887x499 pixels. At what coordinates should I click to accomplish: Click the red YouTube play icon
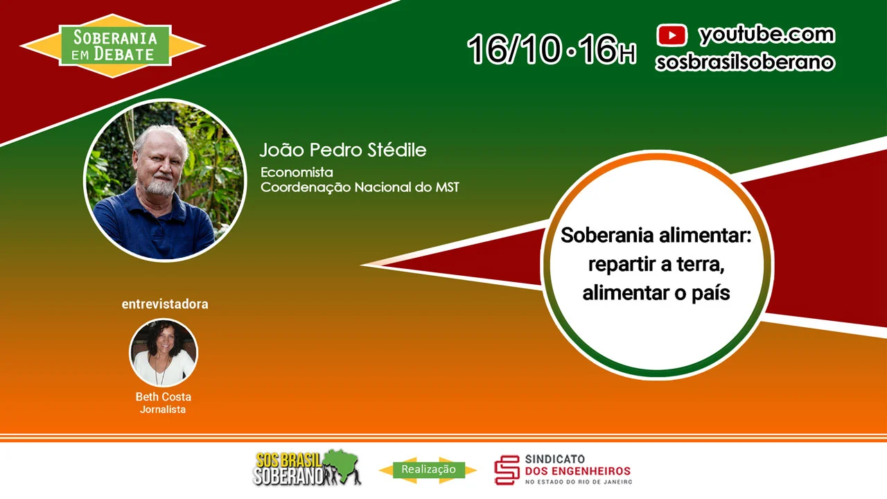click(x=671, y=35)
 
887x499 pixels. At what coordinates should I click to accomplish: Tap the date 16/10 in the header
click(x=514, y=49)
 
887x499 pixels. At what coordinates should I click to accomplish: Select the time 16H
click(x=606, y=49)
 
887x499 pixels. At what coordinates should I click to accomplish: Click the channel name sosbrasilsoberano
click(x=745, y=62)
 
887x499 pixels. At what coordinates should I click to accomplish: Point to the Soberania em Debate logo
click(x=112, y=46)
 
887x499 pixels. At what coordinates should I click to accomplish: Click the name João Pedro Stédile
click(x=343, y=150)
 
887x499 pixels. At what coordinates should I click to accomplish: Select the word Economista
click(x=297, y=173)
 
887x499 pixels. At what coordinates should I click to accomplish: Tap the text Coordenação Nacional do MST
click(x=360, y=187)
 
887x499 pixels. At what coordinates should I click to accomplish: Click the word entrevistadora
click(x=165, y=304)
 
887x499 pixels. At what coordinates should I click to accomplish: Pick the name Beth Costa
click(x=163, y=396)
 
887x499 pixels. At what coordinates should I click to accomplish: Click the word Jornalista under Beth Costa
click(x=163, y=410)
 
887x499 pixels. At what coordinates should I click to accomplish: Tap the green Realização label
click(x=428, y=470)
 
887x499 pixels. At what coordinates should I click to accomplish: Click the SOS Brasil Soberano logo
click(x=307, y=468)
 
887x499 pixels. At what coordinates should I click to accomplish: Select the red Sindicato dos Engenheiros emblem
click(x=507, y=470)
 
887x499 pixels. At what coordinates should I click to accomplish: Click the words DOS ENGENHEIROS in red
click(x=578, y=471)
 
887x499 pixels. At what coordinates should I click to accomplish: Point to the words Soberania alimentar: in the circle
click(x=656, y=235)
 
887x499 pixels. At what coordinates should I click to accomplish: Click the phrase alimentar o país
click(x=656, y=293)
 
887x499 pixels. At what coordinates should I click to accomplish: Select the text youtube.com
click(x=767, y=35)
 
